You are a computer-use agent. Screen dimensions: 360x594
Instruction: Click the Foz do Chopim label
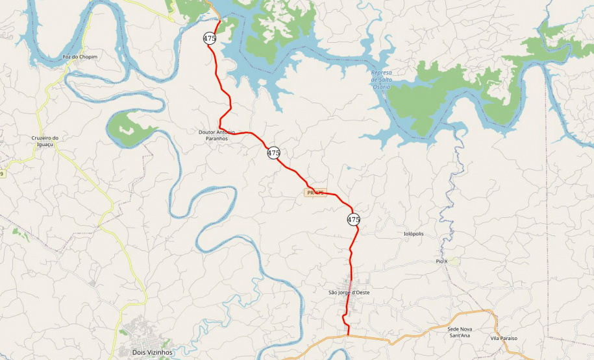pyautogui.click(x=80, y=57)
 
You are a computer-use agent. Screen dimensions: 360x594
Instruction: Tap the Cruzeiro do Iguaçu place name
pyautogui.click(x=45, y=141)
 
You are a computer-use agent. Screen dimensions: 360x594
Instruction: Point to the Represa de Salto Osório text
pyautogui.click(x=381, y=79)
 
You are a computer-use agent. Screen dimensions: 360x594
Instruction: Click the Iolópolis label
pyautogui.click(x=414, y=234)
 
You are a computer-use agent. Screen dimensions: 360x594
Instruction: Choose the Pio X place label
pyautogui.click(x=441, y=261)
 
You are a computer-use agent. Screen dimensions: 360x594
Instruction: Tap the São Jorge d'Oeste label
pyautogui.click(x=349, y=293)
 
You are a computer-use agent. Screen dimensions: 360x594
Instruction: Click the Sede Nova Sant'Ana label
pyautogui.click(x=460, y=333)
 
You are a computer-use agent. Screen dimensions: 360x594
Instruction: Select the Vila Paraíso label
pyautogui.click(x=504, y=339)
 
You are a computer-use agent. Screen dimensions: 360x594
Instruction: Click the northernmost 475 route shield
pyautogui.click(x=209, y=38)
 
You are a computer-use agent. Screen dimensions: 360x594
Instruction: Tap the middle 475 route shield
pyautogui.click(x=273, y=153)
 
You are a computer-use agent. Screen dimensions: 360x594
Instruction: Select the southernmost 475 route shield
pyautogui.click(x=353, y=219)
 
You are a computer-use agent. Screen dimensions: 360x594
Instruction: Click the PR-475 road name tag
pyautogui.click(x=316, y=193)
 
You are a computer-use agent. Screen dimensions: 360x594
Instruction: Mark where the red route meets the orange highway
pyautogui.click(x=349, y=336)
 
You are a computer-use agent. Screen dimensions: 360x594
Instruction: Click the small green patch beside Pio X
pyautogui.click(x=452, y=261)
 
